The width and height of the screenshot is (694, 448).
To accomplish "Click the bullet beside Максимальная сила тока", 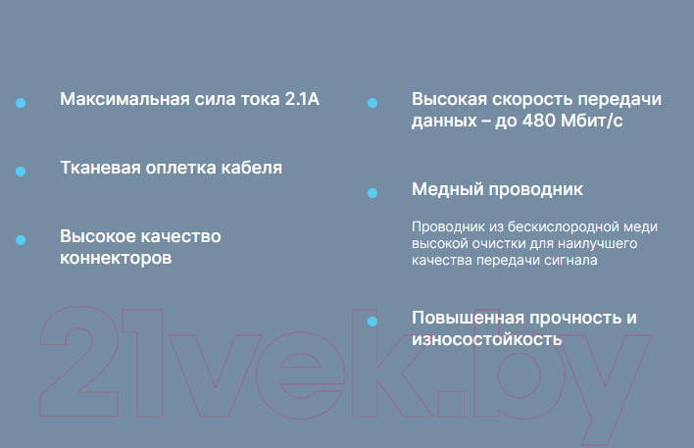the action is [x=21, y=103].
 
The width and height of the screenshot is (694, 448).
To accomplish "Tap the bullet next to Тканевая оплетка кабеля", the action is [x=21, y=172].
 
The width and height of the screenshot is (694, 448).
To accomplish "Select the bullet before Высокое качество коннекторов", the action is [x=21, y=240].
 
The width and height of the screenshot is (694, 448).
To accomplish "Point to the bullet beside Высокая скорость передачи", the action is [x=372, y=103].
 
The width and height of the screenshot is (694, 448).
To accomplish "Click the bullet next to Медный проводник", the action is [x=372, y=193].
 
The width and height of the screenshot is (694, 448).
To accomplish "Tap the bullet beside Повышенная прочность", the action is [x=372, y=322].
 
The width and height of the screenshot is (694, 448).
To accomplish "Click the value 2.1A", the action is [x=302, y=99].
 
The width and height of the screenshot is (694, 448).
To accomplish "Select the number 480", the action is [x=539, y=121].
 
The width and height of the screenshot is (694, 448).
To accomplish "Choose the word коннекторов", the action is [x=116, y=258].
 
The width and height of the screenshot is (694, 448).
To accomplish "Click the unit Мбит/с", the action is [x=591, y=121].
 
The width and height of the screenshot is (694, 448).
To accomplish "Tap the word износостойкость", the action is [x=487, y=339].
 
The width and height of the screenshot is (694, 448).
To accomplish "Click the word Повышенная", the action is [x=469, y=318].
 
